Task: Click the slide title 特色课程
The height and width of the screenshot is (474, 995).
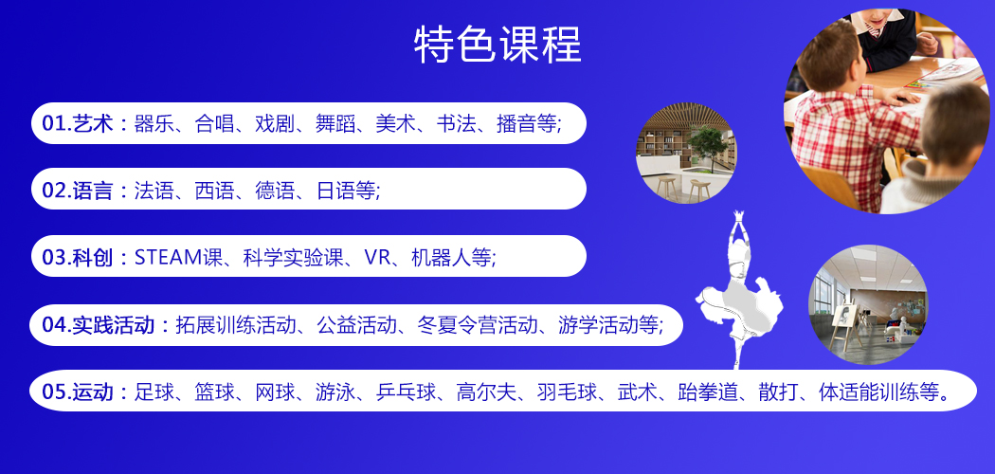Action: click(497, 46)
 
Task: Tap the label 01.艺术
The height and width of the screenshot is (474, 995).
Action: click(78, 123)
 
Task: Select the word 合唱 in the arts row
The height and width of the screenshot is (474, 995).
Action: click(214, 123)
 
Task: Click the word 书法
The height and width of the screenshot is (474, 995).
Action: click(456, 123)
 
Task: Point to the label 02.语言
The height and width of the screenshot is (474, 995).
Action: click(78, 191)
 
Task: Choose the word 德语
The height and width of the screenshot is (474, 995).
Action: click(276, 191)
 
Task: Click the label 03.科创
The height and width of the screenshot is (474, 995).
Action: click(78, 257)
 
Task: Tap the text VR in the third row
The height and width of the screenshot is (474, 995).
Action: click(377, 257)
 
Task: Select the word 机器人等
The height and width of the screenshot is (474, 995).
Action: click(451, 257)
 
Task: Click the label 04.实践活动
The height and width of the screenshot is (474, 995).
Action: click(99, 325)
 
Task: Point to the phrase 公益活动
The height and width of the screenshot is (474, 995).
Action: click(356, 325)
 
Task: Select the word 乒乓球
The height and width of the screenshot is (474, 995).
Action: click(407, 392)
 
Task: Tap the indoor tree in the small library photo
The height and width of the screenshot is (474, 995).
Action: click(708, 146)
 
